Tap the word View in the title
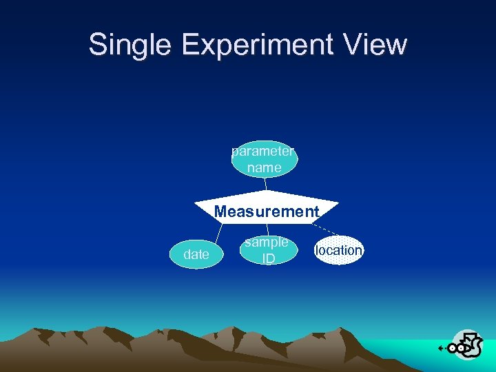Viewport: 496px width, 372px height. [x=378, y=45]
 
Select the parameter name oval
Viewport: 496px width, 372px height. [x=265, y=159]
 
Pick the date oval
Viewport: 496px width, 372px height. [x=196, y=254]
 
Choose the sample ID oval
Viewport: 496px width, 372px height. [x=267, y=250]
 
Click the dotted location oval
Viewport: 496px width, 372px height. [x=338, y=250]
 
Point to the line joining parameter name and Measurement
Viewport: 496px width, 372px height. [x=265, y=184]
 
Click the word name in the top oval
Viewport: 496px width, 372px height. [x=265, y=167]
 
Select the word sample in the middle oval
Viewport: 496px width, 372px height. [x=267, y=242]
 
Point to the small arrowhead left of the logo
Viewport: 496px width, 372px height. [x=441, y=349]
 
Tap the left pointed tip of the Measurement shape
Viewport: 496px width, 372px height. [x=196, y=204]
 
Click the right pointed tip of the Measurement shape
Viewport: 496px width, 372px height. [x=338, y=203]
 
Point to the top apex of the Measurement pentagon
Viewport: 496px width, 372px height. [x=267, y=191]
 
